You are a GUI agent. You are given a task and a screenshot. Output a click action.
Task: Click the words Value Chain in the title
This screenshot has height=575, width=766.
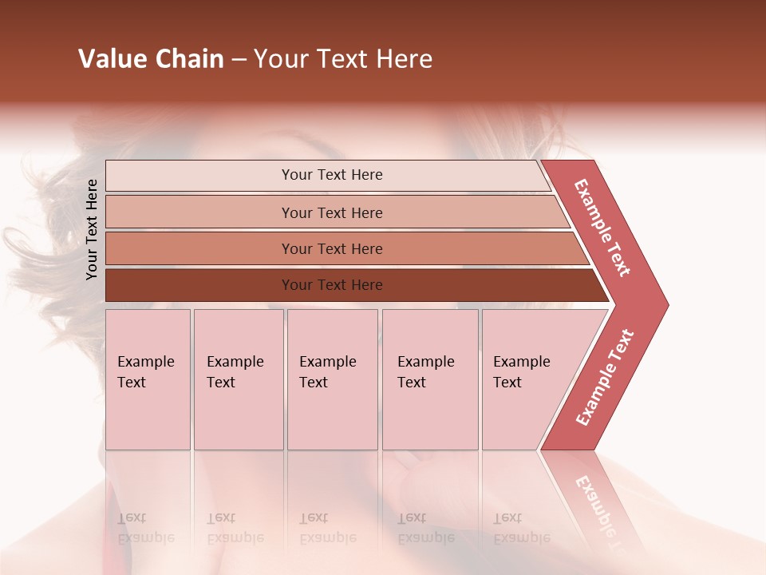point(151,59)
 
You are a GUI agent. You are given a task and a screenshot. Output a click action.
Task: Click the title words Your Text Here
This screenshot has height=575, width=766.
point(343,59)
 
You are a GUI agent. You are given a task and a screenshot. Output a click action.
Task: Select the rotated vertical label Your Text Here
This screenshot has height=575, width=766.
point(92,229)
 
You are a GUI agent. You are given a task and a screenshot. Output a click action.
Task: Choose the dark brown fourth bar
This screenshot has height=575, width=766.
point(199,285)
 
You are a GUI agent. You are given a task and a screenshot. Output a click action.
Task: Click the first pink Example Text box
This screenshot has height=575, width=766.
point(148,379)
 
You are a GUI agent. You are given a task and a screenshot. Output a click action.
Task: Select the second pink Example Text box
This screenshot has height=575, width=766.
point(239,379)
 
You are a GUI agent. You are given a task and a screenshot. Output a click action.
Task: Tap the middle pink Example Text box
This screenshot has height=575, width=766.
point(332,379)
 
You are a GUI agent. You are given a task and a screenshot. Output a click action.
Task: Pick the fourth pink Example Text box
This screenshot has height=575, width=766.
point(430,379)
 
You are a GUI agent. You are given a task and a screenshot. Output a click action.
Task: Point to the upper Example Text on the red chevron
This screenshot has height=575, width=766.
point(602,228)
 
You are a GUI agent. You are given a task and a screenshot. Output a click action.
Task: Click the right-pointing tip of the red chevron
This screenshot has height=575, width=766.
point(661,304)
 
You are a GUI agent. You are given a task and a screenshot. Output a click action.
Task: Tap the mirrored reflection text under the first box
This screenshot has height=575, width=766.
point(145,529)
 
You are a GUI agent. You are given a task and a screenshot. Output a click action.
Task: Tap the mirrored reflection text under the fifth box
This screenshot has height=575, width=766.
point(521,529)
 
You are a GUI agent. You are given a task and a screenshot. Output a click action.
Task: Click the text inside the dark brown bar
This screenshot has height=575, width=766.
point(332,285)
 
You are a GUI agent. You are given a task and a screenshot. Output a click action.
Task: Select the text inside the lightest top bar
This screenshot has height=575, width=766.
point(332,175)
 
